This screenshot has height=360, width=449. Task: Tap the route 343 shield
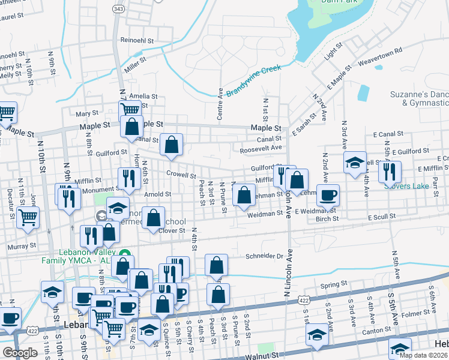tap(118, 9)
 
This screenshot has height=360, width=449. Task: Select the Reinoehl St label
tap(137, 40)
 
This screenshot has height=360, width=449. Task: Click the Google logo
tap(20, 353)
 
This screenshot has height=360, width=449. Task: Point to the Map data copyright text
tap(424, 355)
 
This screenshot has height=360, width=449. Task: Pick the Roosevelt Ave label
tap(261, 148)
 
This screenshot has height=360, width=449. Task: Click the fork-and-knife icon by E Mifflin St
tap(390, 172)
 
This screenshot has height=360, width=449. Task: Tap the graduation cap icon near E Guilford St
tap(355, 162)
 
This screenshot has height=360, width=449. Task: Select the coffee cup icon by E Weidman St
tap(328, 195)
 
